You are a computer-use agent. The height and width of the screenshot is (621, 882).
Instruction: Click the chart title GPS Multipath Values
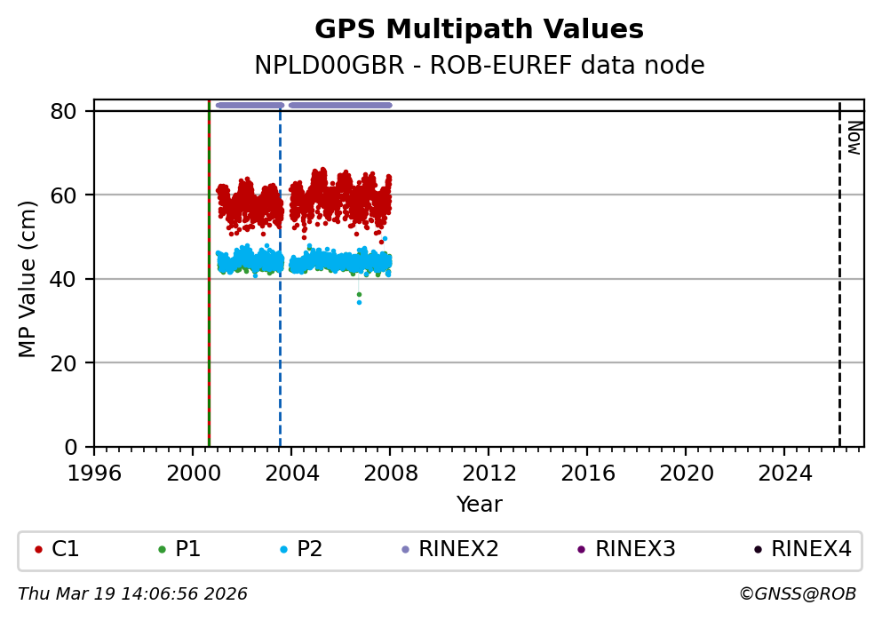[x=479, y=29]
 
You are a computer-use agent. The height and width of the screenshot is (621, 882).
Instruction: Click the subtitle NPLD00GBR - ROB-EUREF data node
[x=479, y=66]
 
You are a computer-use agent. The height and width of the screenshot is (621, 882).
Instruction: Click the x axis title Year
[x=479, y=505]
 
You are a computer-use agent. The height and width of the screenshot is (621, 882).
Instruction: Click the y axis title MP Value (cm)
[x=28, y=279]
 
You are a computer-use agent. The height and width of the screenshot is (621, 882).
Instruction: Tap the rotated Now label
[x=854, y=138]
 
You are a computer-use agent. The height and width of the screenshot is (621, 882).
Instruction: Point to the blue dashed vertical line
[x=280, y=355]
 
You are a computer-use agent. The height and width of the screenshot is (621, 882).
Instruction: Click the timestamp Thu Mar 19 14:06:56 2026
[x=132, y=593]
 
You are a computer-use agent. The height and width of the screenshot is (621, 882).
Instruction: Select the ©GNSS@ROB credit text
[x=797, y=593]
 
